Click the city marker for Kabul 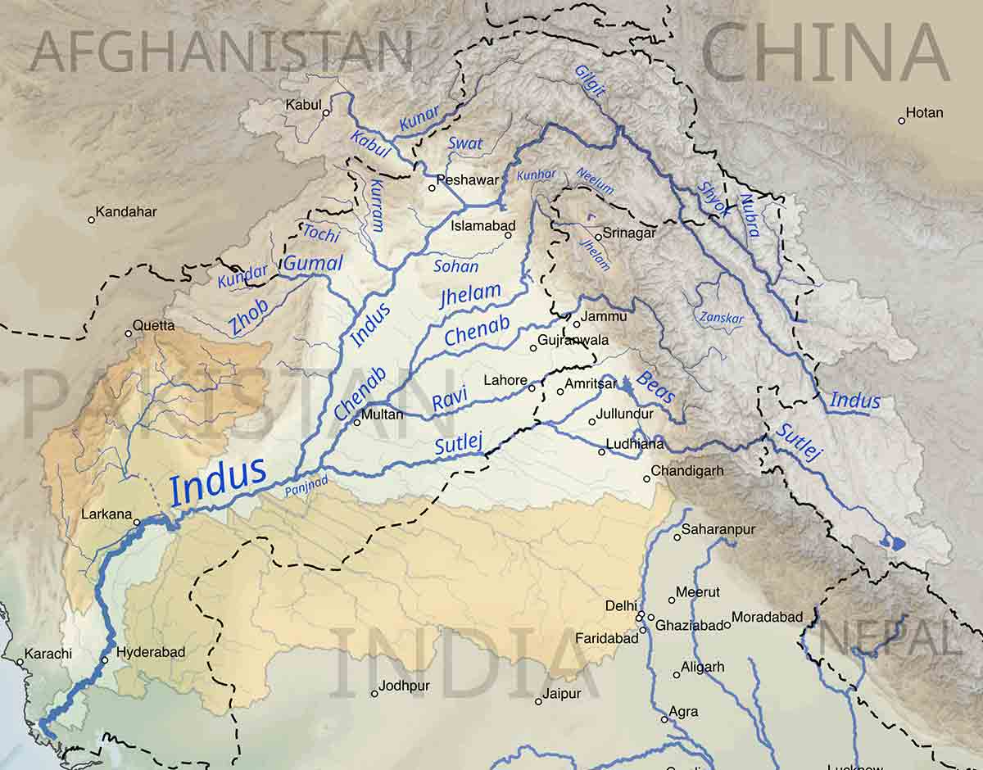(327, 113)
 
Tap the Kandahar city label (126, 212)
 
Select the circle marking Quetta (129, 333)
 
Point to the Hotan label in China (925, 113)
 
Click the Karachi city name (48, 654)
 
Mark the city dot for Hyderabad (105, 660)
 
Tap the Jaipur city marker (538, 701)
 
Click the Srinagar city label (629, 233)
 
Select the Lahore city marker (532, 387)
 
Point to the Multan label (383, 414)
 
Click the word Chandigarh (688, 472)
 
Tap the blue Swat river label (465, 144)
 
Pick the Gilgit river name (590, 80)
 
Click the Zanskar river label (721, 317)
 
